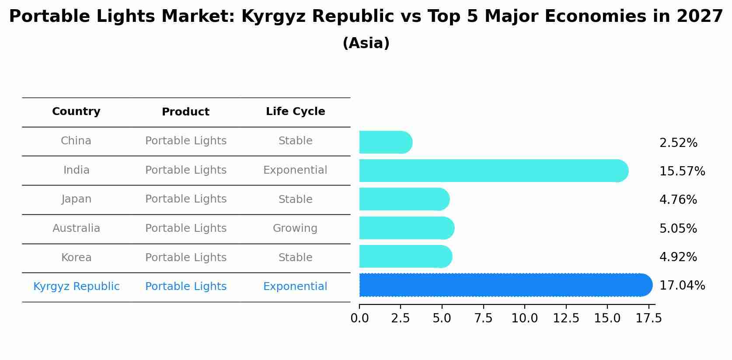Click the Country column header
coord(76,112)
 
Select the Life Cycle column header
coord(295,112)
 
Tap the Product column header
coord(185,112)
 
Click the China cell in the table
coord(76,141)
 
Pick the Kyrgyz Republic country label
coord(76,287)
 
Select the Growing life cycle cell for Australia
coord(295,228)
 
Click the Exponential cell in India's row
coord(295,170)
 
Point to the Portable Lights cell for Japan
coord(185,199)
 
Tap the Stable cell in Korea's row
coord(295,258)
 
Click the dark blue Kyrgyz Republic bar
coord(503,285)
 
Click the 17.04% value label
coord(682,286)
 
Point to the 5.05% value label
coord(678,229)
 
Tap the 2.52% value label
coord(678,143)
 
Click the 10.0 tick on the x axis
coord(524,318)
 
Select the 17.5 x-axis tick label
coord(648,318)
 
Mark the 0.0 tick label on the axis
coord(359,318)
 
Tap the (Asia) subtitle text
coord(366,43)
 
